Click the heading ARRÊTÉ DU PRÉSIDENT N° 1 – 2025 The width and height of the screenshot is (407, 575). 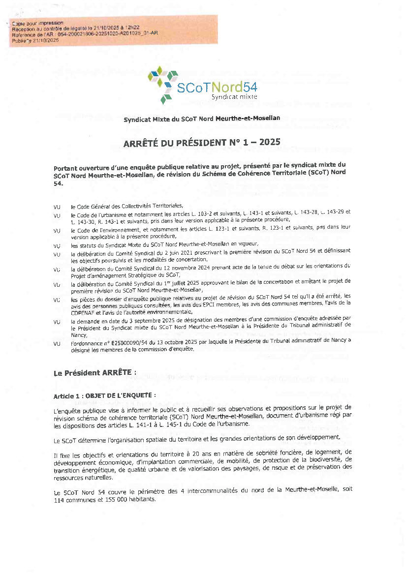pyautogui.click(x=202, y=142)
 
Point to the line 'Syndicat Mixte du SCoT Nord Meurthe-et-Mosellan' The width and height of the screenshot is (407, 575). pyautogui.click(x=202, y=119)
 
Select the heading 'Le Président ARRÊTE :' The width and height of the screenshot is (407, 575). pyautogui.click(x=94, y=372)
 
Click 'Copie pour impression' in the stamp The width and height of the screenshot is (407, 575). pyautogui.click(x=37, y=23)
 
